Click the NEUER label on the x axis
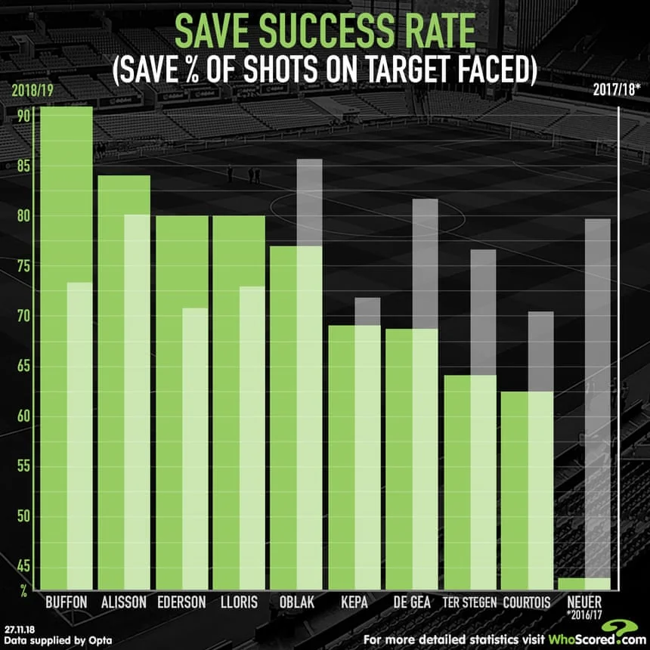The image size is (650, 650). (583, 602)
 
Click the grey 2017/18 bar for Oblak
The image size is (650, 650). (309, 203)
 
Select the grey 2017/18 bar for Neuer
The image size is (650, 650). (597, 393)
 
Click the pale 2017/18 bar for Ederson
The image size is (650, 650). (195, 446)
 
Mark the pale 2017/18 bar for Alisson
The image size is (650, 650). (137, 401)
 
